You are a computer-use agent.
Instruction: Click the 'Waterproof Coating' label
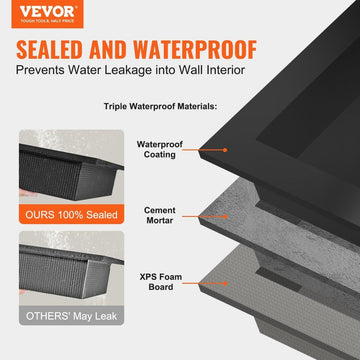click(x=159, y=149)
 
